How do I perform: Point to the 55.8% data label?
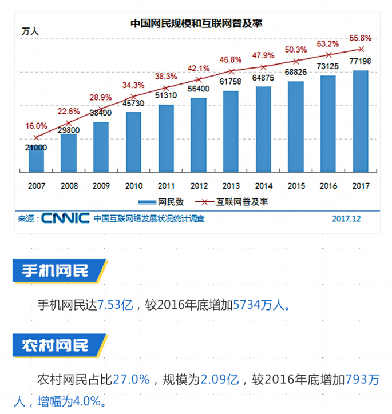coord(360,38)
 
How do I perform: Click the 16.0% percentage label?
coord(37,126)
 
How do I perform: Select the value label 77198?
coord(360,61)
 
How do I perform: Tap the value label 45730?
coord(134,102)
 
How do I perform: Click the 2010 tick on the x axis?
coord(134,186)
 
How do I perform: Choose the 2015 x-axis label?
coord(295,186)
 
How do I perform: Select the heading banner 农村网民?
coord(57,345)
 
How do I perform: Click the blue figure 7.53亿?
coord(115,304)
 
